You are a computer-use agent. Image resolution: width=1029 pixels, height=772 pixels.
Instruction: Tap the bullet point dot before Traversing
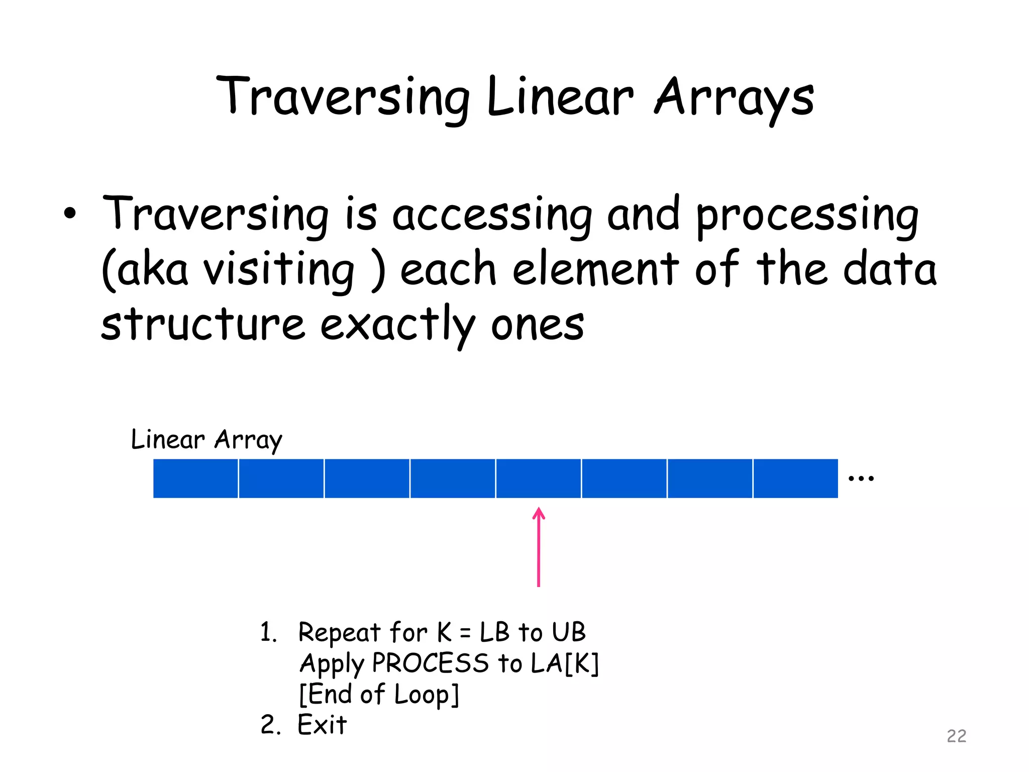[70, 214]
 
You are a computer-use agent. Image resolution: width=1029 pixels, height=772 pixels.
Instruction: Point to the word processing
[807, 215]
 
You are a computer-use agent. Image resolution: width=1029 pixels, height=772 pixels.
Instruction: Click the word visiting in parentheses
[278, 270]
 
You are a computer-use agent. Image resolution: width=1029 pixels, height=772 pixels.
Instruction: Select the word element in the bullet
[595, 270]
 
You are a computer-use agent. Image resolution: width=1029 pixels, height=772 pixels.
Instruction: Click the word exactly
[397, 325]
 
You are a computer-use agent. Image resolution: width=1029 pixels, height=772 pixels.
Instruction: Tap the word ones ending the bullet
[537, 325]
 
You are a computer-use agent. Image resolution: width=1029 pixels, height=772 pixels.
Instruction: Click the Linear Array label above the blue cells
[206, 440]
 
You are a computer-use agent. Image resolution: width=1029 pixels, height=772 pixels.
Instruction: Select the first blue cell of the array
[195, 478]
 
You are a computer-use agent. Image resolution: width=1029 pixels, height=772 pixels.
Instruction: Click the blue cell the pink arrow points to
[538, 478]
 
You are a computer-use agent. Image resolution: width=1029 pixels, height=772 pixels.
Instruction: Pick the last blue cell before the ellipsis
[795, 478]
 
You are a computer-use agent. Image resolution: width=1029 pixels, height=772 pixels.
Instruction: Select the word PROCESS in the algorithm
[430, 663]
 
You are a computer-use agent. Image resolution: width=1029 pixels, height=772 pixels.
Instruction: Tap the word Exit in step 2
[322, 725]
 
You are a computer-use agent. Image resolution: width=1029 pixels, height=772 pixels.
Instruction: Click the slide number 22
[956, 736]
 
